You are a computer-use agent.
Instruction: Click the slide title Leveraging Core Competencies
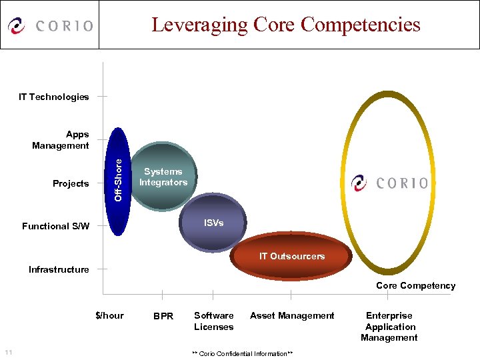click(285, 25)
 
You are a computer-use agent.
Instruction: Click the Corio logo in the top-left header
click(50, 26)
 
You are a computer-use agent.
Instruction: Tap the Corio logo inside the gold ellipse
click(390, 182)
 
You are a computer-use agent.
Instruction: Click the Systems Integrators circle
click(163, 177)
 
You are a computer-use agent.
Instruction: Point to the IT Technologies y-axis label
click(54, 97)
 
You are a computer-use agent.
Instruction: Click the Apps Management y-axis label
click(61, 140)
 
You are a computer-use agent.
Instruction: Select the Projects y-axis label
click(71, 183)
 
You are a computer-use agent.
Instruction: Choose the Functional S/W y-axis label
click(55, 226)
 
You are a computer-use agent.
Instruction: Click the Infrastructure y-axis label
click(59, 269)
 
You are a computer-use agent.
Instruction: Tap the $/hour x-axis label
click(110, 315)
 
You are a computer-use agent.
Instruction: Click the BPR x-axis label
click(163, 316)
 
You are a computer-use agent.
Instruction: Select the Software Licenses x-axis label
click(213, 321)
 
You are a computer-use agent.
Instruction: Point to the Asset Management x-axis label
click(292, 315)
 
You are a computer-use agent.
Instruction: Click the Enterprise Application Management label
click(389, 327)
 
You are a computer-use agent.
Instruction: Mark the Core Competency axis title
click(415, 285)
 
